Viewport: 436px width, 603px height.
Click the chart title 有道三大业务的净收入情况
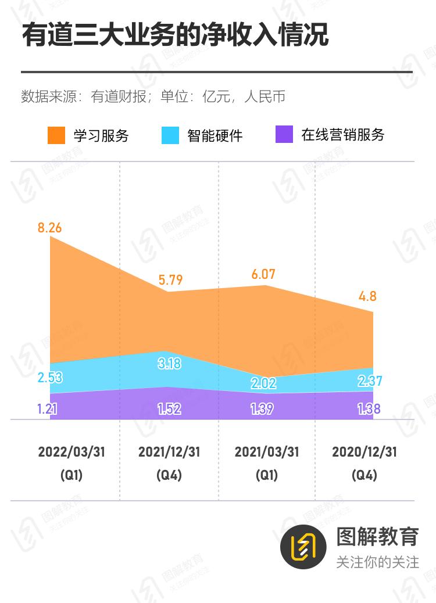pyautogui.click(x=175, y=35)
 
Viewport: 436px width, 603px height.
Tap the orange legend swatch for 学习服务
pyautogui.click(x=56, y=135)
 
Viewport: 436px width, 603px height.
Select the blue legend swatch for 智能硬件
pyautogui.click(x=170, y=135)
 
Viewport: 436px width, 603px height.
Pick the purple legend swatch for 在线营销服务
pyautogui.click(x=284, y=135)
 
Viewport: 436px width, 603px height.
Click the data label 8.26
pyautogui.click(x=49, y=228)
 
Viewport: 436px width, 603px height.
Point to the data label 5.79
pyautogui.click(x=170, y=280)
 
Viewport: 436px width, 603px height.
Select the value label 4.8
pyautogui.click(x=368, y=296)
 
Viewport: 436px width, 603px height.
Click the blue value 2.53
pyautogui.click(x=49, y=378)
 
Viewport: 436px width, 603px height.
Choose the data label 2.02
pyautogui.click(x=263, y=383)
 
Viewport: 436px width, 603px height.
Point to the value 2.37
pyautogui.click(x=370, y=381)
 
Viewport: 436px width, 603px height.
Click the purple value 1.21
pyautogui.click(x=47, y=408)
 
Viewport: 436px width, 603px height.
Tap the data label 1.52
pyautogui.click(x=170, y=408)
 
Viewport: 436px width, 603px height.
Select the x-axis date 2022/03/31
pyautogui.click(x=72, y=452)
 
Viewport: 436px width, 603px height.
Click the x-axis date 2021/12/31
pyautogui.click(x=169, y=452)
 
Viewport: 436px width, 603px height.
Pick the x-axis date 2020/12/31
pyautogui.click(x=364, y=452)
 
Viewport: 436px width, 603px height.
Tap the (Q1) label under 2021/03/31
pyautogui.click(x=267, y=475)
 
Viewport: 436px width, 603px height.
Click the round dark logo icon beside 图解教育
pyautogui.click(x=303, y=545)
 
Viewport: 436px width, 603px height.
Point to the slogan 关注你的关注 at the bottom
pyautogui.click(x=377, y=562)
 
